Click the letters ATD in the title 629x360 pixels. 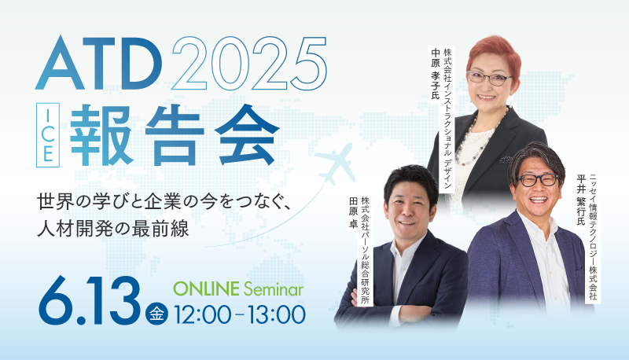(99, 63)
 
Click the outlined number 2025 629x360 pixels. (248, 63)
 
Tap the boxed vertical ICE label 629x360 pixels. (48, 135)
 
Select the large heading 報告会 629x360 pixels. (175, 135)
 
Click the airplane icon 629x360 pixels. (334, 164)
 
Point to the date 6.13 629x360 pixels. (90, 301)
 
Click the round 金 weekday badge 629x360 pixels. (156, 313)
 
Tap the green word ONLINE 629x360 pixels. (206, 289)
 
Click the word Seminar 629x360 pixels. (274, 289)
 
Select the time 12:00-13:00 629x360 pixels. (240, 314)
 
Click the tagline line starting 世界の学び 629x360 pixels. (164, 202)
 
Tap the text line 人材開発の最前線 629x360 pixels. (112, 230)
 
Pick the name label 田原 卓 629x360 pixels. (353, 213)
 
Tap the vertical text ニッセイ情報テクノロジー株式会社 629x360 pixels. (593, 237)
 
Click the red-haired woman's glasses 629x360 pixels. (489, 78)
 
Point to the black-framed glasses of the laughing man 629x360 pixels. (537, 180)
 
